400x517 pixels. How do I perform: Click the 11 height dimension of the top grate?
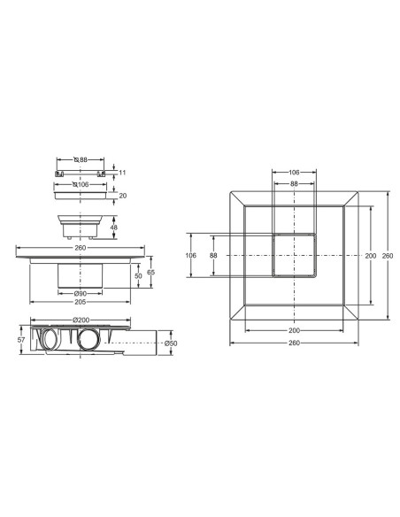coord(124,174)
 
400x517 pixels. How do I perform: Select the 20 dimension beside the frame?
coord(123,196)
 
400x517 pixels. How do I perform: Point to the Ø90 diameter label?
coord(79,293)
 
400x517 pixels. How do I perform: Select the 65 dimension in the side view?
coord(152,273)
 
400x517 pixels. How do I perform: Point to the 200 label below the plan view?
coord(294,330)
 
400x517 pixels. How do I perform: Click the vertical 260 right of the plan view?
coord(394,257)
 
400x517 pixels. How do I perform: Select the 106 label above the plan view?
coord(294,172)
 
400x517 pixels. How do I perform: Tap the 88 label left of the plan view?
coord(212,256)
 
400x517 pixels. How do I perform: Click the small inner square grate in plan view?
coord(294,256)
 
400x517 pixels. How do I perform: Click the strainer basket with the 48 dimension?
coord(86,223)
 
